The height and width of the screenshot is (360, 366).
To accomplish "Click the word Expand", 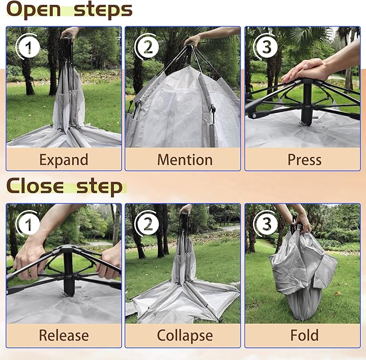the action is tap(64, 160).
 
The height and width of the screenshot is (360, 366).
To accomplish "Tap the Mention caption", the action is tap(185, 160).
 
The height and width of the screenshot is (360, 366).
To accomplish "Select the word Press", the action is tap(305, 160).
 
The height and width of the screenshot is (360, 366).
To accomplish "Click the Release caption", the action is tap(64, 335).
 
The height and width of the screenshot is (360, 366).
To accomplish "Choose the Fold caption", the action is tap(305, 335).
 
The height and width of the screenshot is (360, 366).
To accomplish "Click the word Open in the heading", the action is tap(34, 10).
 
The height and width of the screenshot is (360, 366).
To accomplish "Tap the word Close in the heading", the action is tap(35, 186).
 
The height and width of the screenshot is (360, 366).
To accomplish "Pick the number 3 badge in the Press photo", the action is tap(267, 47).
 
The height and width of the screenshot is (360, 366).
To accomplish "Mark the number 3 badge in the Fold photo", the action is tap(267, 224).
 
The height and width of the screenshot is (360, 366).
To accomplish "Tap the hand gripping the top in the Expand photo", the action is tap(69, 33).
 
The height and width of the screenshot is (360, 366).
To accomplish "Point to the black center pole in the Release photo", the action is tap(68, 271).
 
